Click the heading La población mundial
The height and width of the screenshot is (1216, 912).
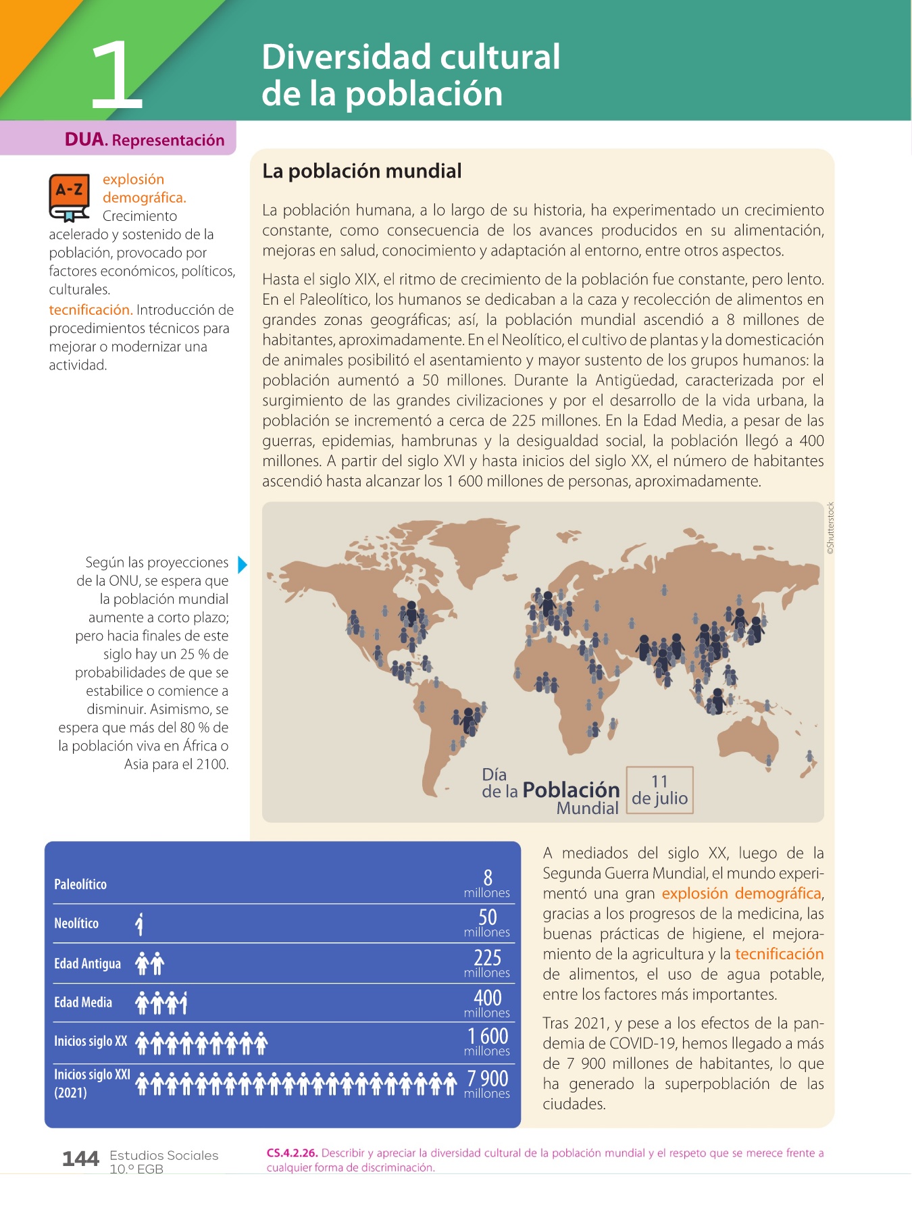361,171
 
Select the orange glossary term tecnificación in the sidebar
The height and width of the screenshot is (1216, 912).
91,310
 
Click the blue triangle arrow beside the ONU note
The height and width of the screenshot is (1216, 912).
243,564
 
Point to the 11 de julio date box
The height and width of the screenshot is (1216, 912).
659,790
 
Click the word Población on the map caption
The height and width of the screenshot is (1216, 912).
571,790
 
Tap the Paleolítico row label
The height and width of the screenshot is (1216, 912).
80,884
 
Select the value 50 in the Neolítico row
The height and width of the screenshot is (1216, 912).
488,917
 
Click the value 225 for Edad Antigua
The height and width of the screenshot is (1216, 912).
488,957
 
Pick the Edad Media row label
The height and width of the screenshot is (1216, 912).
83,1003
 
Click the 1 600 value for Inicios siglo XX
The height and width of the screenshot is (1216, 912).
488,1036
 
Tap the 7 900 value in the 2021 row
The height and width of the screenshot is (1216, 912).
488,1078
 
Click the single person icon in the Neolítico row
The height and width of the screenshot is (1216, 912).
139,923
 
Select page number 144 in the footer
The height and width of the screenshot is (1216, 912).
80,1159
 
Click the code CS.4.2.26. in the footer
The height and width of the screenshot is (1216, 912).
292,1153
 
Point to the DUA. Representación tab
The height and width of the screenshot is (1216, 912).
145,140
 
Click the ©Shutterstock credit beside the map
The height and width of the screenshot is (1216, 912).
830,528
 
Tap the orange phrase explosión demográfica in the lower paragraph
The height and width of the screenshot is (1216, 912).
741,893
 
